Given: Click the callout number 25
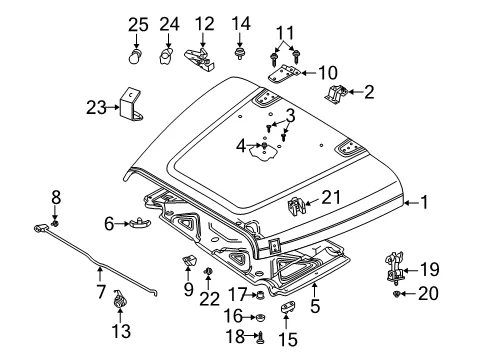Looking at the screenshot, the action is coord(138,25).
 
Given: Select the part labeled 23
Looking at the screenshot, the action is coord(130,104).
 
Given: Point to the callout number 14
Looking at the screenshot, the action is coord(241,24).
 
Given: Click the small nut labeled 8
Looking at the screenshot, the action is coord(55,223).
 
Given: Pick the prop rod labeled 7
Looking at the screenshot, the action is coord(96,262).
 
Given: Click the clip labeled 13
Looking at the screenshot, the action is coord(119,298).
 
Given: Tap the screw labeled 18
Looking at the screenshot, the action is coord(260,338).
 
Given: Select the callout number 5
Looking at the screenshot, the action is coord(315,306).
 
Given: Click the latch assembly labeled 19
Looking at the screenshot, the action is coord(395,268).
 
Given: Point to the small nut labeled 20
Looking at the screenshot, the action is coord(396,294).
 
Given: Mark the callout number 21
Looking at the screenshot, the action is coord(331,198).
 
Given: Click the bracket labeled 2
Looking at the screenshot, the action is coord(336,93).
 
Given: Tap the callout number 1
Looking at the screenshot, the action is coord(424,202).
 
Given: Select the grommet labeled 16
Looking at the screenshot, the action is coord(260,317).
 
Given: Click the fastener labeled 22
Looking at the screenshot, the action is coord(208,271).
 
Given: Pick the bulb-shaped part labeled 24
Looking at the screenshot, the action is coord(166,55).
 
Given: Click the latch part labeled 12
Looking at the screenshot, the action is coord(199,58).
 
